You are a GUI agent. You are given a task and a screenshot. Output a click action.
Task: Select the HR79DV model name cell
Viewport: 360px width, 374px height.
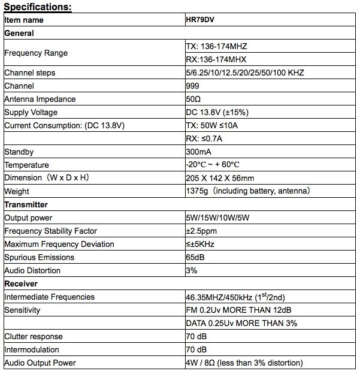pyautogui.click(x=201, y=20)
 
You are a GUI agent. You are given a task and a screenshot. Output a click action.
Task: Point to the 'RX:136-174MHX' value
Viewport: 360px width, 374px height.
pyautogui.click(x=216, y=59)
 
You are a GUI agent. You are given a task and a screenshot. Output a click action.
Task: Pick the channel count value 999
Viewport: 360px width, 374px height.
pyautogui.click(x=193, y=86)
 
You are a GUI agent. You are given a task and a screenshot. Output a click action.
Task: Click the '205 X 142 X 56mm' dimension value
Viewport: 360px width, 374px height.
pyautogui.click(x=220, y=178)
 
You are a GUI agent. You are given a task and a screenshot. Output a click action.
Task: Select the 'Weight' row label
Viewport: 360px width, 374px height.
pyautogui.click(x=17, y=191)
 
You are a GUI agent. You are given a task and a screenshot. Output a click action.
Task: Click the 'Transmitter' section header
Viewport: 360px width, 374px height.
pyautogui.click(x=26, y=204)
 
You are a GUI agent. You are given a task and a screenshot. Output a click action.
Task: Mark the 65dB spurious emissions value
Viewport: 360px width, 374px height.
pyautogui.click(x=196, y=257)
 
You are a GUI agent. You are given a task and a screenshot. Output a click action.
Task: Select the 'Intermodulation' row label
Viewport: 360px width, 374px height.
pyautogui.click(x=32, y=349)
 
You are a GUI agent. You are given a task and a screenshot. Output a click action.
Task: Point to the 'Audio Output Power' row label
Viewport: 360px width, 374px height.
pyautogui.click(x=40, y=363)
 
